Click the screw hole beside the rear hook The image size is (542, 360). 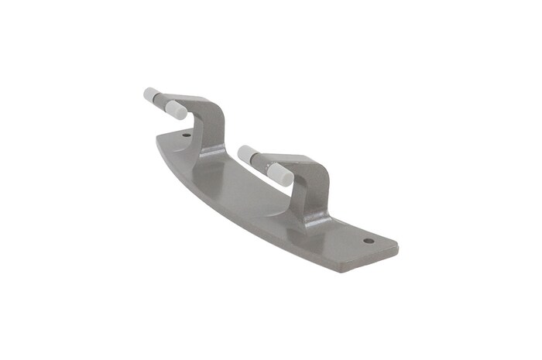click(x=187, y=135)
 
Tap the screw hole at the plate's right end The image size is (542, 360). click(x=369, y=241)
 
